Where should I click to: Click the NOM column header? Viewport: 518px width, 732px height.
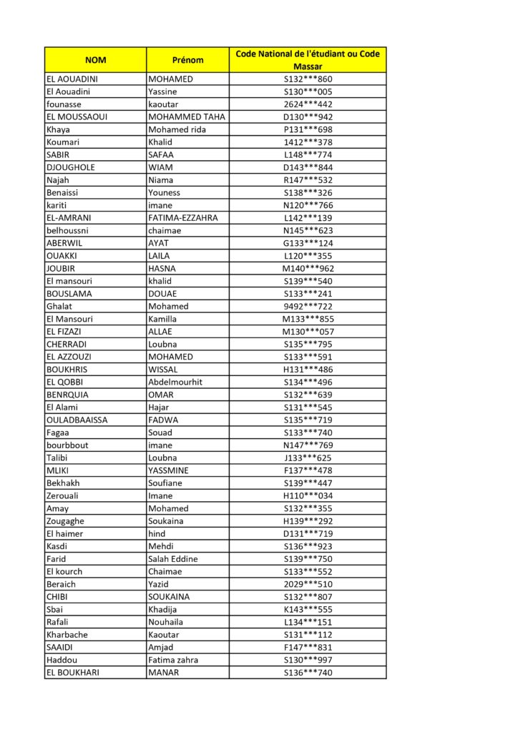(x=95, y=60)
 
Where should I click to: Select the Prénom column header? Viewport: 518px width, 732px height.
(x=187, y=60)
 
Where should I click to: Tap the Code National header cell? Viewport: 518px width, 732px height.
(x=308, y=60)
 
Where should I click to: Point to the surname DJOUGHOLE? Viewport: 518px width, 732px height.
(x=71, y=167)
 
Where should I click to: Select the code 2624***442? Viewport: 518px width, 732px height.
(x=308, y=104)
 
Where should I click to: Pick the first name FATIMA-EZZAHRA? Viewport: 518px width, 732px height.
(x=183, y=218)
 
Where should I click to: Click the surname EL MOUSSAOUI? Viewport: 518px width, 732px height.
(x=77, y=117)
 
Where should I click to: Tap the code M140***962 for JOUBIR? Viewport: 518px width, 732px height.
(x=308, y=269)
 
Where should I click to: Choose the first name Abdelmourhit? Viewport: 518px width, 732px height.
(x=175, y=382)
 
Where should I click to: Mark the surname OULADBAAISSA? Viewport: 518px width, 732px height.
(x=77, y=420)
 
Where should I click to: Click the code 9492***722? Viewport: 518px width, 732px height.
(x=308, y=307)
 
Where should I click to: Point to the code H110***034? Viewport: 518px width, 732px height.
(x=308, y=496)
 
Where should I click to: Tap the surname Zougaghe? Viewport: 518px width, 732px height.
(x=65, y=521)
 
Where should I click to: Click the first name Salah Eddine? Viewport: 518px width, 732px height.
(x=173, y=559)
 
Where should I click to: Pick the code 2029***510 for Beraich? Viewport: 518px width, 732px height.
(x=308, y=584)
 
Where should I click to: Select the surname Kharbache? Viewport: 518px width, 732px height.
(x=67, y=635)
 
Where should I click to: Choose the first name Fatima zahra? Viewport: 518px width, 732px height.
(x=173, y=660)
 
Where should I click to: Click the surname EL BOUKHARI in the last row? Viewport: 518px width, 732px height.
(x=73, y=673)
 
